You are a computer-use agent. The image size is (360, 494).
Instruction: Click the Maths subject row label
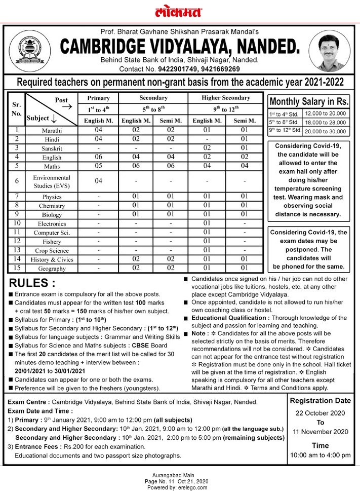(52, 166)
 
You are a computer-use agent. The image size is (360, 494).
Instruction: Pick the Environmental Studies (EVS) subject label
(52, 181)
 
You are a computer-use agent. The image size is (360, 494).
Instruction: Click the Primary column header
(98, 98)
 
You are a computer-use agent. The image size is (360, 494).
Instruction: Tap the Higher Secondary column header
(226, 98)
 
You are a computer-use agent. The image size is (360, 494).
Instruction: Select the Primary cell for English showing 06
(99, 157)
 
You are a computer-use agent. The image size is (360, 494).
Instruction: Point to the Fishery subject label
(52, 242)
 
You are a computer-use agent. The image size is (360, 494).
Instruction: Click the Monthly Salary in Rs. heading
(309, 100)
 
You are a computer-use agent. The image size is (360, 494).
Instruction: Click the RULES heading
(32, 283)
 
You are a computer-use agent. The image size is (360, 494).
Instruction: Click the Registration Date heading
(320, 400)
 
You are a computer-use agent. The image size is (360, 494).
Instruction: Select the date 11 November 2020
(320, 432)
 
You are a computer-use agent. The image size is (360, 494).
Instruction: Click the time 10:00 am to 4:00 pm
(320, 455)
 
